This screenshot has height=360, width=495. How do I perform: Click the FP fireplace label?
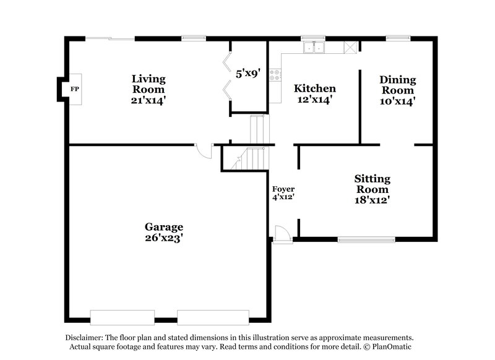click(x=75, y=88)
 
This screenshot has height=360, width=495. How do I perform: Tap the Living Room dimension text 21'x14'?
click(x=148, y=98)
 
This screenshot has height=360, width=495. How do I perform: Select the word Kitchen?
click(x=314, y=88)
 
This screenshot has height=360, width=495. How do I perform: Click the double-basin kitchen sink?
click(x=314, y=48)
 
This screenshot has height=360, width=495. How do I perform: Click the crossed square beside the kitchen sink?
click(x=351, y=48)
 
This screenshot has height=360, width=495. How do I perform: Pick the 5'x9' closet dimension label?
click(x=247, y=72)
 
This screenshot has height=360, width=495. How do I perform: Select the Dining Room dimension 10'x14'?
click(x=397, y=100)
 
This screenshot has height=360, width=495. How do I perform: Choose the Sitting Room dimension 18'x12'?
click(x=372, y=199)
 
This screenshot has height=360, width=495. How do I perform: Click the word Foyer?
click(x=283, y=189)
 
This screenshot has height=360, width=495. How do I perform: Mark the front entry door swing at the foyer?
click(x=280, y=234)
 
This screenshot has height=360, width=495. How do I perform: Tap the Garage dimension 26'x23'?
click(x=164, y=238)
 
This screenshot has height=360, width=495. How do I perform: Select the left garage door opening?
click(x=123, y=317)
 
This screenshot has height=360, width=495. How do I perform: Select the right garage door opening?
click(x=209, y=317)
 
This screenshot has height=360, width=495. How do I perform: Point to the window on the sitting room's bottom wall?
click(x=366, y=238)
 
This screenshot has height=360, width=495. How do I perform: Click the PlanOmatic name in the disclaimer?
click(x=391, y=347)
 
